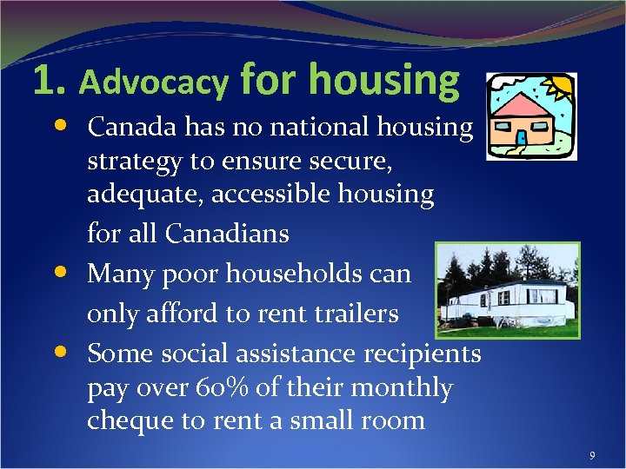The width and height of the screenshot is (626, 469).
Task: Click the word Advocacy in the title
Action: click(154, 83)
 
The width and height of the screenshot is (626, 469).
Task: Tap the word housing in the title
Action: click(383, 80)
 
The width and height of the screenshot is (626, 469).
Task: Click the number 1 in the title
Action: click(43, 81)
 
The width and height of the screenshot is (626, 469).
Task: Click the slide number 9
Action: click(592, 455)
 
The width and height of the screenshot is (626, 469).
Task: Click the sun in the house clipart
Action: click(557, 86)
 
